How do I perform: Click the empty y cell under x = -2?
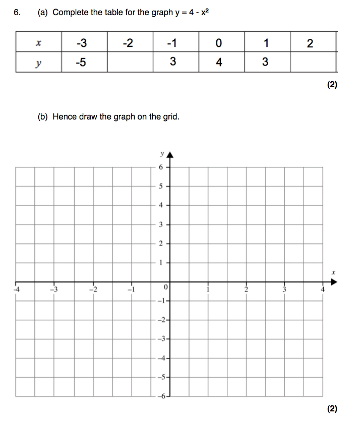tap(130, 62)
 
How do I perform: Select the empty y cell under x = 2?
tap(313, 62)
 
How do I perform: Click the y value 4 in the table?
tap(218, 62)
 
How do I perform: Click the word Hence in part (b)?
tap(65, 117)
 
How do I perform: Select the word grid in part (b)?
tap(170, 117)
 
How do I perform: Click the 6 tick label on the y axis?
tap(161, 166)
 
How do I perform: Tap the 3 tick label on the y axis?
tap(161, 224)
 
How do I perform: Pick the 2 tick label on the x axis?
tap(246, 289)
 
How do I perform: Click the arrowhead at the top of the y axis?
tap(170, 153)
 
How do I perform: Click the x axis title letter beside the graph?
tap(333, 272)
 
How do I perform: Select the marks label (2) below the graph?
tap(331, 409)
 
